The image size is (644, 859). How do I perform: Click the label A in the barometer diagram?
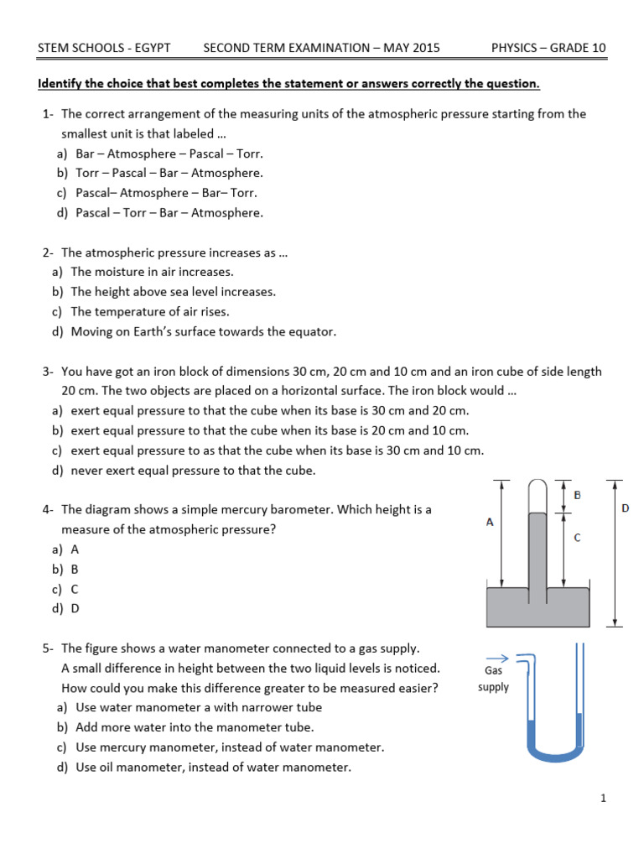click(x=490, y=522)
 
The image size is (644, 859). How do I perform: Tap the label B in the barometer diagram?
click(x=577, y=496)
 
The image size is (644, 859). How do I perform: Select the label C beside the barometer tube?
click(x=577, y=538)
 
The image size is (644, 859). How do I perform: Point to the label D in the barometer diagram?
click(x=626, y=508)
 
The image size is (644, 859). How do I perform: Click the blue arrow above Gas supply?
click(x=497, y=659)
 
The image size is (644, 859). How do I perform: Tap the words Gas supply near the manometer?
click(x=493, y=679)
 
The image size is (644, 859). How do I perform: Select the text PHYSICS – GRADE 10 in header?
click(x=548, y=48)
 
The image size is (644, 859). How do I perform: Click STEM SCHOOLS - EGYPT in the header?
click(x=104, y=48)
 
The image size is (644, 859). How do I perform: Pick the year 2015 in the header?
click(x=424, y=48)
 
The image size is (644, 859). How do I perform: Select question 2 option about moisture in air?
click(x=152, y=272)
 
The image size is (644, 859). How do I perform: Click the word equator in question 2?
click(x=311, y=332)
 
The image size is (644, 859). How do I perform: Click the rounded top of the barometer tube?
click(x=538, y=487)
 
